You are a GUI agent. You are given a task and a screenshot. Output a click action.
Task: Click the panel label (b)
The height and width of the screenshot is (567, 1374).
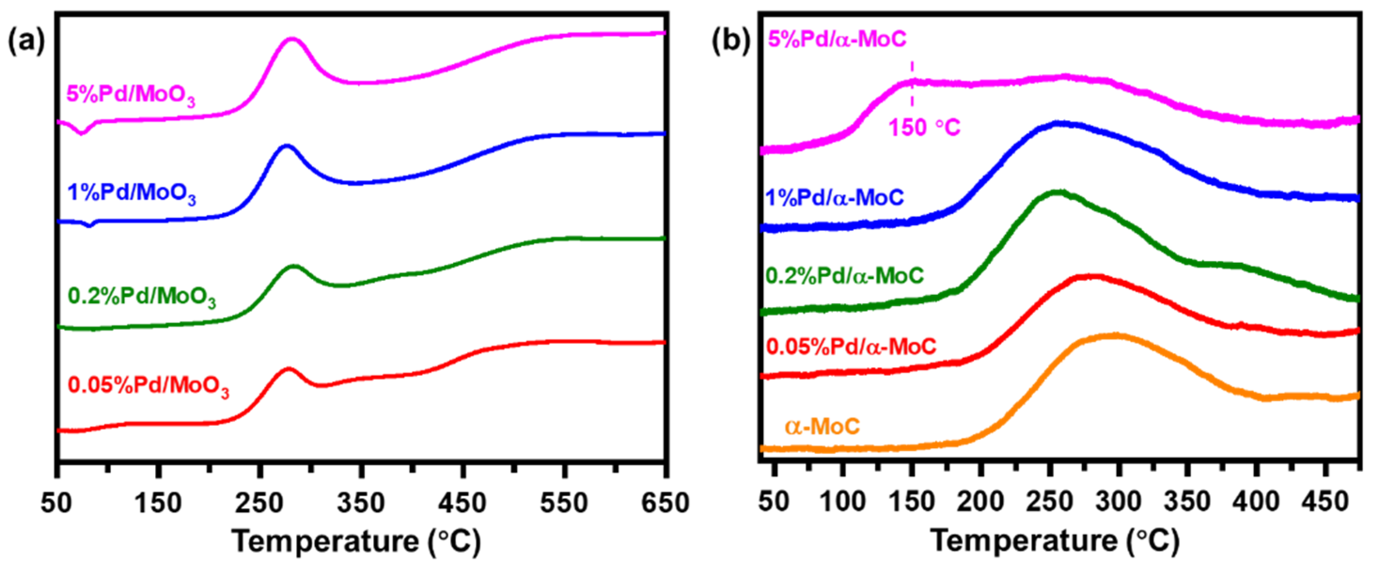pos(731,42)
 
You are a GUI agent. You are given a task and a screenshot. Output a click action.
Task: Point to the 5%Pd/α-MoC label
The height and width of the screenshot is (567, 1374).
pos(837,39)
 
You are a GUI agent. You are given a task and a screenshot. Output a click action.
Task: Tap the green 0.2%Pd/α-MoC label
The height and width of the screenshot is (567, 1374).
pos(844,276)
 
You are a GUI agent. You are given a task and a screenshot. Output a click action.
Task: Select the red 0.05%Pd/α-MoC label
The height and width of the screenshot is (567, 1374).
pos(851,347)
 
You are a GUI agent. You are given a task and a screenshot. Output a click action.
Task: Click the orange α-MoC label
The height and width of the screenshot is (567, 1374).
pos(822,427)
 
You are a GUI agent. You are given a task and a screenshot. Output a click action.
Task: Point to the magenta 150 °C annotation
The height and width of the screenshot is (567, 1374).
pos(924,128)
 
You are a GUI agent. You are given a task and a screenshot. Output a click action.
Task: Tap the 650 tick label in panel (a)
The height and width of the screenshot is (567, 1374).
pos(664,503)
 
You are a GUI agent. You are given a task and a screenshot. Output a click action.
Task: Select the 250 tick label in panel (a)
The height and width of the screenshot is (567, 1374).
pos(259,503)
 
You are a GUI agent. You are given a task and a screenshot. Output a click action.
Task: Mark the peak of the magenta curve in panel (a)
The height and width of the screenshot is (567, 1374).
pos(292,39)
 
